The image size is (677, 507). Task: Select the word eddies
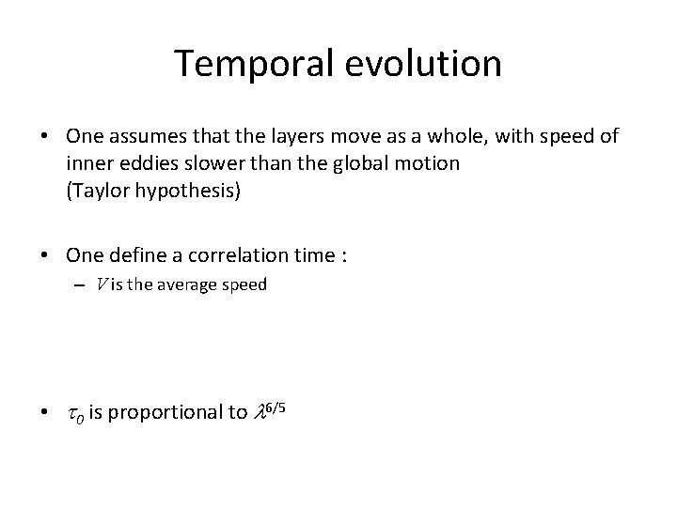coord(142,163)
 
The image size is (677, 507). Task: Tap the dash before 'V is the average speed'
coord(83,284)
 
